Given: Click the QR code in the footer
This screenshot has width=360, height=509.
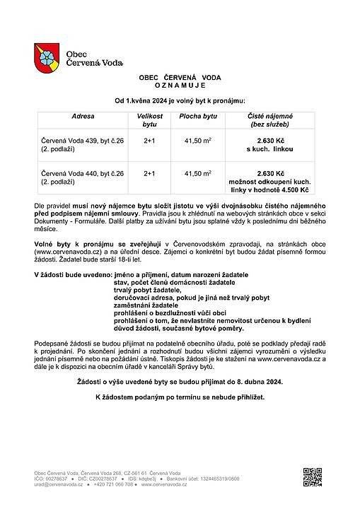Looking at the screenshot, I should [312, 477].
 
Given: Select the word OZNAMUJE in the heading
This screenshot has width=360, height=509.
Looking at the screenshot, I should [178, 83].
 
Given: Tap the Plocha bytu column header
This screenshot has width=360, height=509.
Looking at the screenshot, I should [198, 115].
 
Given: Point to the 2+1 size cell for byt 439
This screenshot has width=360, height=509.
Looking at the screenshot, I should [149, 141].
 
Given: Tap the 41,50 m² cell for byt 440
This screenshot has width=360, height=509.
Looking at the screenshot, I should [198, 173].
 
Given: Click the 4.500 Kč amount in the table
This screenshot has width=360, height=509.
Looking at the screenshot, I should [294, 190].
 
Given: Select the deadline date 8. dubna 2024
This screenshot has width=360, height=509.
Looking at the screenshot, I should [250, 382].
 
